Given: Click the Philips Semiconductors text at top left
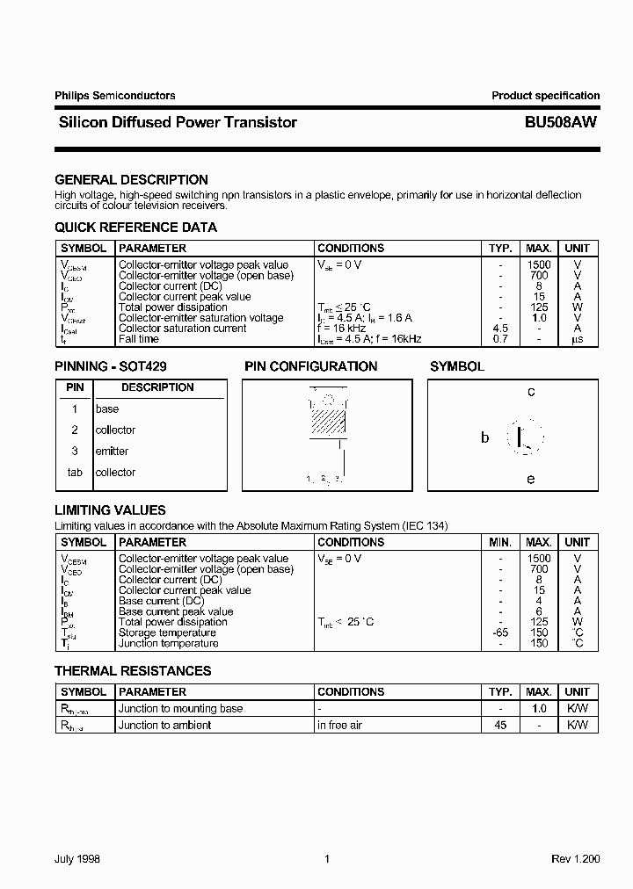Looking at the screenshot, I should [x=115, y=96].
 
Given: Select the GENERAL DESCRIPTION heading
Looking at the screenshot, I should [x=131, y=179].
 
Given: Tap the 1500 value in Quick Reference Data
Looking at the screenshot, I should [x=538, y=265].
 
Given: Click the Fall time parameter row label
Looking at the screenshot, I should [x=139, y=339].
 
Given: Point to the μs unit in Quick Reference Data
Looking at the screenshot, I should [x=577, y=339].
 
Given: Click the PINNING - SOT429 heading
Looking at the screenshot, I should [x=111, y=366].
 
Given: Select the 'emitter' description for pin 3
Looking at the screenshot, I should [x=112, y=452].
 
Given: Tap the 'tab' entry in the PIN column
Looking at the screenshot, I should [x=76, y=473].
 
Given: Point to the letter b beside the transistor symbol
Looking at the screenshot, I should [x=484, y=437].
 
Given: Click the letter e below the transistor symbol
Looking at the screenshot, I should [x=530, y=479].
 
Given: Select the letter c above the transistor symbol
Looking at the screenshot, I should [x=531, y=393].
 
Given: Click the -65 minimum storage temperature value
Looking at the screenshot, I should [x=500, y=632].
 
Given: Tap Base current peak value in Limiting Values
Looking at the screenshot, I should [x=176, y=611].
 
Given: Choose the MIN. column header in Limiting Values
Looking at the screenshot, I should [x=500, y=543].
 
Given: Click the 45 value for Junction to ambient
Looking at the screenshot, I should [x=500, y=725].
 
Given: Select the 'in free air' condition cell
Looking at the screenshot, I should [x=339, y=725].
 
